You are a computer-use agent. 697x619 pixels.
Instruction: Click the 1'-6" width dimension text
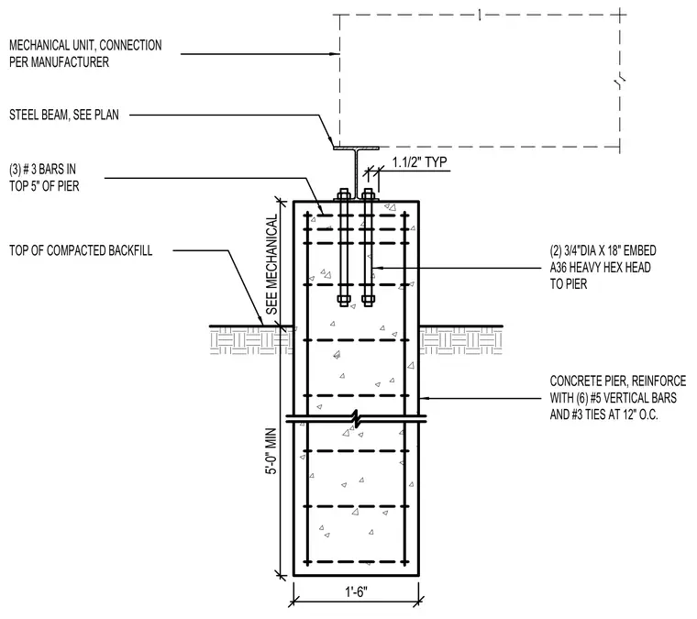356,591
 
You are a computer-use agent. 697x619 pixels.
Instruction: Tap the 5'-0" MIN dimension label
271,451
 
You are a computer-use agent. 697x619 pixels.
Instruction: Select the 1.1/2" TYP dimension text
419,162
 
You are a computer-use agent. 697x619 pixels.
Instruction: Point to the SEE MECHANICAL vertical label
271,264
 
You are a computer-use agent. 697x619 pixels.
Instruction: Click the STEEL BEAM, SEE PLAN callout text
64,116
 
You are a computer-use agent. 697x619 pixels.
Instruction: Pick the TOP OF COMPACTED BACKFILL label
81,250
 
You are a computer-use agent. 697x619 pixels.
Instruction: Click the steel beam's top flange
356,148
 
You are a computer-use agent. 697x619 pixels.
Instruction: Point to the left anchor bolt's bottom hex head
343,301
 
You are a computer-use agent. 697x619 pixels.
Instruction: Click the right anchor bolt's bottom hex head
368,301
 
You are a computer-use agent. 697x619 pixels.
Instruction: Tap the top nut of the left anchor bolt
343,194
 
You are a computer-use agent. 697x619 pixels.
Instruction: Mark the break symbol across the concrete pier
356,417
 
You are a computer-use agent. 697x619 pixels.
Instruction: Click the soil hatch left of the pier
251,341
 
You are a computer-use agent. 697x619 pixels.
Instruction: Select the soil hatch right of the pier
460,341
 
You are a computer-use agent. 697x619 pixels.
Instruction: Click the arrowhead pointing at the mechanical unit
335,54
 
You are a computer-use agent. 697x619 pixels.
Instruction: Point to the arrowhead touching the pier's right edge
423,398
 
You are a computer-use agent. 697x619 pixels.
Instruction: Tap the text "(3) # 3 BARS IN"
43,170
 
